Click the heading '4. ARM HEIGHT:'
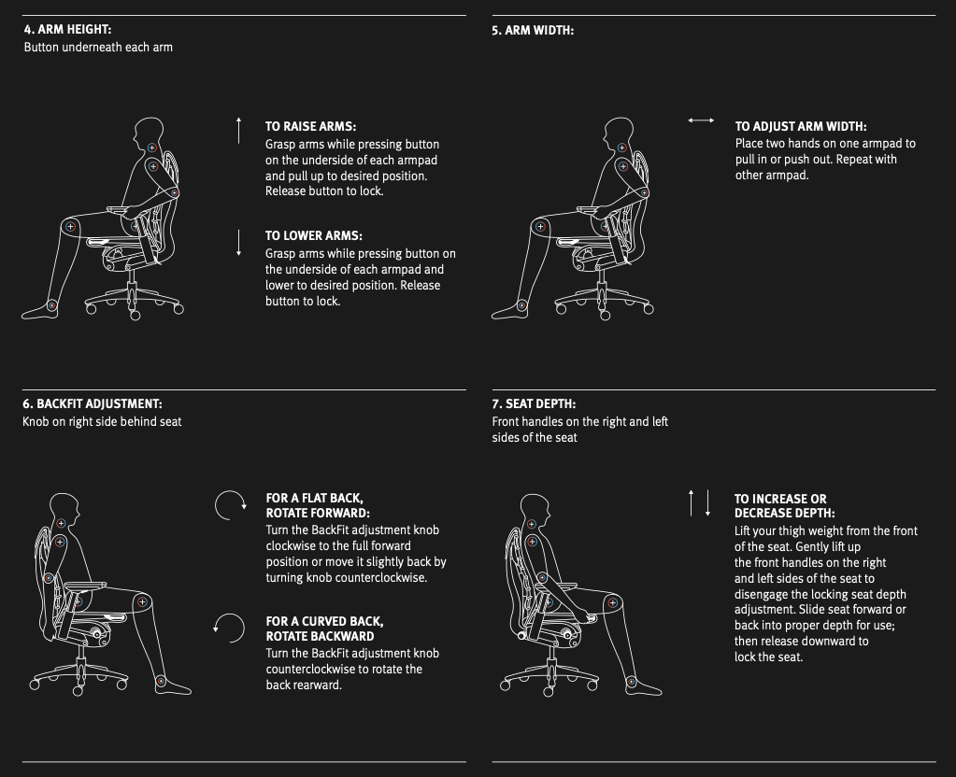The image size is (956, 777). click(67, 29)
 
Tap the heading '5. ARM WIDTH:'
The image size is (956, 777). click(533, 31)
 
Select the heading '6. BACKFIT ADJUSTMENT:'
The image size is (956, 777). click(93, 404)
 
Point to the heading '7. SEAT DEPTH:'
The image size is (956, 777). click(535, 404)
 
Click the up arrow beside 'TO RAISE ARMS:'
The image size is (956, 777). click(239, 131)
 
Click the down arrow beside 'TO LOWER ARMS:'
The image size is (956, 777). click(239, 243)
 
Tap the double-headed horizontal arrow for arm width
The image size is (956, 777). click(701, 120)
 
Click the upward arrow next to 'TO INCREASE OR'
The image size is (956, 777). click(691, 502)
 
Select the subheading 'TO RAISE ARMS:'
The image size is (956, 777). click(311, 127)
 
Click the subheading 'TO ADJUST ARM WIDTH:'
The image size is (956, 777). click(801, 127)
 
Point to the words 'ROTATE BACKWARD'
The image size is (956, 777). click(321, 636)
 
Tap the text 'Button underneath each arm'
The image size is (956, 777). click(98, 48)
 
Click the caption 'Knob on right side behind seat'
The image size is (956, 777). click(102, 422)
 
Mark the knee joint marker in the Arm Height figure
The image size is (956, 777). click(71, 227)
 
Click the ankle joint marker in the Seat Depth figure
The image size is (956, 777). click(631, 682)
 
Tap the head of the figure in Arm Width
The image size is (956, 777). click(619, 133)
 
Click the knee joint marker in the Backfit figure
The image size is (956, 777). click(143, 602)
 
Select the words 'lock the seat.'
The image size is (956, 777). click(769, 657)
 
